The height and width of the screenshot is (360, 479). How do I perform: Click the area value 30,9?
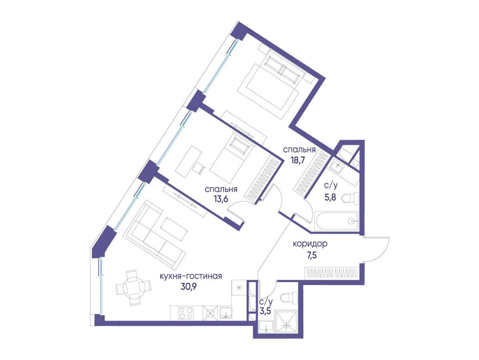click(188, 287)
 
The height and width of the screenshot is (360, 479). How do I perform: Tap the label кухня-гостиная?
click(191, 277)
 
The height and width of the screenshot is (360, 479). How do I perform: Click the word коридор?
click(310, 244)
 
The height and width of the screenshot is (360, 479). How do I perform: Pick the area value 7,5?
click(310, 255)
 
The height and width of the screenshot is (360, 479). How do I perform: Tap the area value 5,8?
click(330, 198)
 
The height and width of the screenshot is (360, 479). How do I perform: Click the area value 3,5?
click(265, 311)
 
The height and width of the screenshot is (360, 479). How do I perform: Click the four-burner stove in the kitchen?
click(186, 313)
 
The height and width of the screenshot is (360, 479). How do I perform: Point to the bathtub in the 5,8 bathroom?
click(336, 221)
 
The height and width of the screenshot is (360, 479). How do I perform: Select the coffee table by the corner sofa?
click(174, 229)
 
